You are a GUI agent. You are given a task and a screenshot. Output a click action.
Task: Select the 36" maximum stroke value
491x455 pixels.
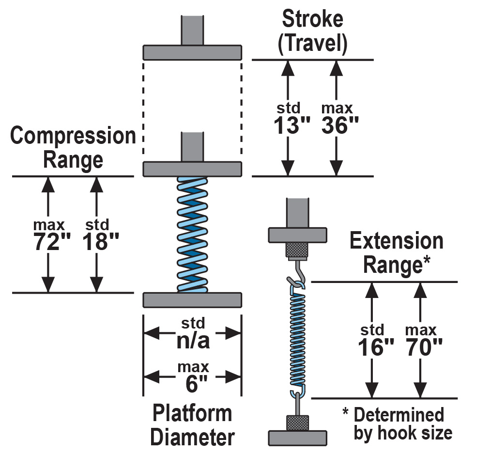[x=340, y=125]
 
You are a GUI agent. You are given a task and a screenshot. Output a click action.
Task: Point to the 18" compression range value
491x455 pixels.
[x=101, y=242]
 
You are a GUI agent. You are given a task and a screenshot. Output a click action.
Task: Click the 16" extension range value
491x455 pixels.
[x=376, y=347]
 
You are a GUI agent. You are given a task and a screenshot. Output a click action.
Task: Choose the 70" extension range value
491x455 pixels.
[x=424, y=347]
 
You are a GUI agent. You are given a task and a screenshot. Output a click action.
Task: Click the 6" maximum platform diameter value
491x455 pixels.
[x=197, y=383]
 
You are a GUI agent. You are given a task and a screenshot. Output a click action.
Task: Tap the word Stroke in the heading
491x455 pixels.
[x=312, y=19]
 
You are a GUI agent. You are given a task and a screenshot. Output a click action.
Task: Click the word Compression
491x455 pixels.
[x=73, y=136]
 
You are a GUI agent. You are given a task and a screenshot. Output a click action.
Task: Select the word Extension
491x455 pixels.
[x=397, y=241]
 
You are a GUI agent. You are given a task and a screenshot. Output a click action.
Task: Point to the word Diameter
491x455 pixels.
[x=193, y=437]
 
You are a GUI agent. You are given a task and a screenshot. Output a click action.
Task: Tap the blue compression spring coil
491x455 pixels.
[x=192, y=235]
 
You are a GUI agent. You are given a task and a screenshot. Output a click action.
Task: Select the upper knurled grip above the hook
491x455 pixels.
[x=297, y=250]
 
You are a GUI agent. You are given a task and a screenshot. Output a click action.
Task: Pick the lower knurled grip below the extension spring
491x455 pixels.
[x=297, y=423]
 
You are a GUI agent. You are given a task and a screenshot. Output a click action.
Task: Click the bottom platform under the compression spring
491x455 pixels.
[x=192, y=300]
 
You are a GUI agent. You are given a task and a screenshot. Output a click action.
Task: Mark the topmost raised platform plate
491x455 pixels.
[x=192, y=52]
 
